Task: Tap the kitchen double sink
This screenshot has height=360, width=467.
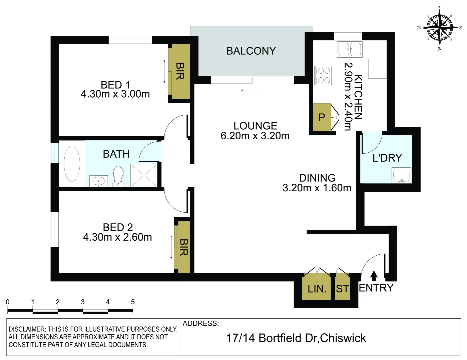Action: pos(349,50)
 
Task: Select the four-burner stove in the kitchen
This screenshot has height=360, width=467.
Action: pos(323,75)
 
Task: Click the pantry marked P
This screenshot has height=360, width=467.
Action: pos(322,117)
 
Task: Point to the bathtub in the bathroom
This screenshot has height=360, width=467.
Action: pos(72,163)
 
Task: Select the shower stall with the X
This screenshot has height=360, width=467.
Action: pos(144,175)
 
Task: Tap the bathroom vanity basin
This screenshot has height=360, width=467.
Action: pos(98,181)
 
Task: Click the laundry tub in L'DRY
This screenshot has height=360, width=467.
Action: pos(402,175)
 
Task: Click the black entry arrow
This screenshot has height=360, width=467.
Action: pos(374,275)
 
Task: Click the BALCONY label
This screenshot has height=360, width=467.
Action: pos(251,51)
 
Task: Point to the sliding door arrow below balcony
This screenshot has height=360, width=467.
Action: pos(253,90)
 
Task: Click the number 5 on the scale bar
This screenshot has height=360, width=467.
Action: pos(133,302)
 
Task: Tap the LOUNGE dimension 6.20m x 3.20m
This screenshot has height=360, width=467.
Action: pos(255,136)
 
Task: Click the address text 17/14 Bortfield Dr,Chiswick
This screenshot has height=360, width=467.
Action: pos(296,338)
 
